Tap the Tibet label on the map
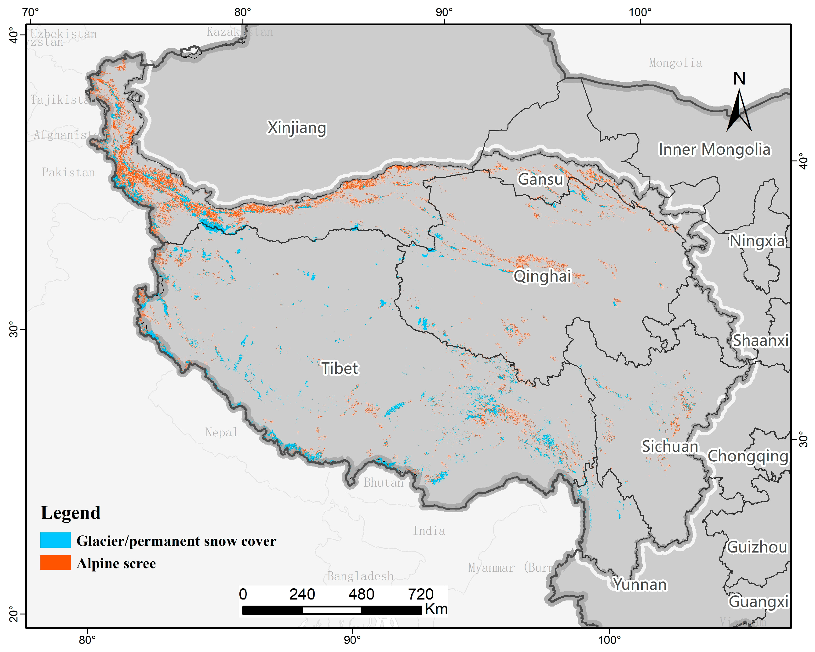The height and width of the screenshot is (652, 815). pyautogui.click(x=340, y=368)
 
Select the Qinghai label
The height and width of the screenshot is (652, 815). pyautogui.click(x=542, y=276)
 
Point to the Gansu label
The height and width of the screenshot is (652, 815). pyautogui.click(x=540, y=179)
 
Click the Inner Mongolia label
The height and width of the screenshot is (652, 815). pyautogui.click(x=714, y=149)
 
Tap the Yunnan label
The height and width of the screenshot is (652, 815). pyautogui.click(x=640, y=584)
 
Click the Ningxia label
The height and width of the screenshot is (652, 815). pyautogui.click(x=757, y=241)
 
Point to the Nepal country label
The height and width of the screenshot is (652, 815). pyautogui.click(x=221, y=432)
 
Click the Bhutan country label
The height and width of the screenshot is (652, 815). pyautogui.click(x=383, y=482)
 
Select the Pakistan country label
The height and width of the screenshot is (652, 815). pyautogui.click(x=68, y=173)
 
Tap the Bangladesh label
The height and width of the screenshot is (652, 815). pyautogui.click(x=360, y=576)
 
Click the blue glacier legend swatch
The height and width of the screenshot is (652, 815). pyautogui.click(x=56, y=540)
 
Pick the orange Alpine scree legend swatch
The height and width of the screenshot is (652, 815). pyautogui.click(x=56, y=563)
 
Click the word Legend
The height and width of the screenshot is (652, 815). pyautogui.click(x=71, y=513)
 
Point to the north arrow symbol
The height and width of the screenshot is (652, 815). pyautogui.click(x=739, y=110)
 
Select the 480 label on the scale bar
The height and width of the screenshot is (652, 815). pyautogui.click(x=361, y=594)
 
